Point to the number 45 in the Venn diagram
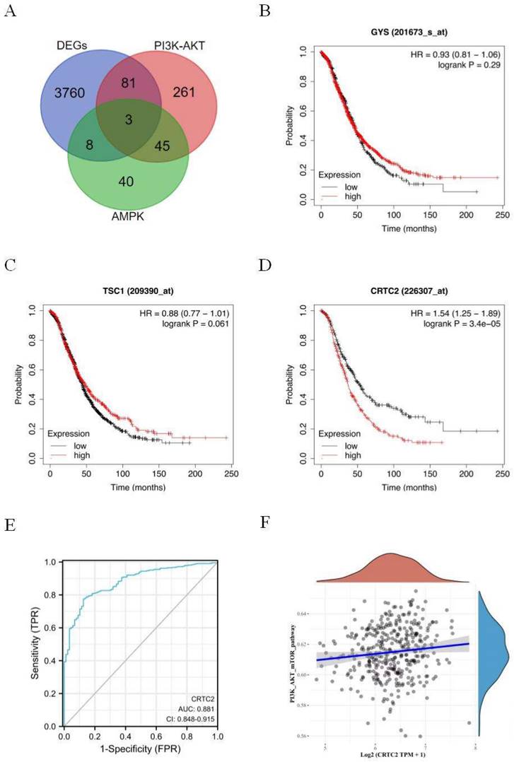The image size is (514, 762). (x=164, y=148)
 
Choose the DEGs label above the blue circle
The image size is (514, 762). (x=72, y=45)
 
